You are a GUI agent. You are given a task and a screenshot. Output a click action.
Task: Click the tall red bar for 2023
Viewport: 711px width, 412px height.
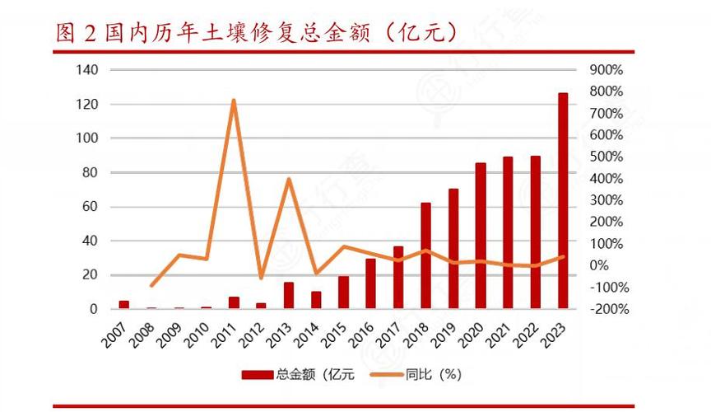(x=563, y=201)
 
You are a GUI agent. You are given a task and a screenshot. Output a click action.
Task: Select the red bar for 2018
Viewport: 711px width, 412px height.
(x=426, y=255)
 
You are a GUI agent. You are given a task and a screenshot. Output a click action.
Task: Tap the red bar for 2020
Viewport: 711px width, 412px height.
(x=481, y=236)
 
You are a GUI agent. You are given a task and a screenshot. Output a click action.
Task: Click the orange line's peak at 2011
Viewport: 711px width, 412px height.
(x=234, y=101)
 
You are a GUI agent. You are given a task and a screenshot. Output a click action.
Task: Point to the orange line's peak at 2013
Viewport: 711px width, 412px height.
(x=289, y=179)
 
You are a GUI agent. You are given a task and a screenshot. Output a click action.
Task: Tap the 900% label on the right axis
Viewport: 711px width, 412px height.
(x=606, y=70)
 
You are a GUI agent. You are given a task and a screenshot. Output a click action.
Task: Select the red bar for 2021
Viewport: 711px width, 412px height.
(x=508, y=233)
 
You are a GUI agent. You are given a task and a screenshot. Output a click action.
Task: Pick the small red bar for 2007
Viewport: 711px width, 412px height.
(x=124, y=305)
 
